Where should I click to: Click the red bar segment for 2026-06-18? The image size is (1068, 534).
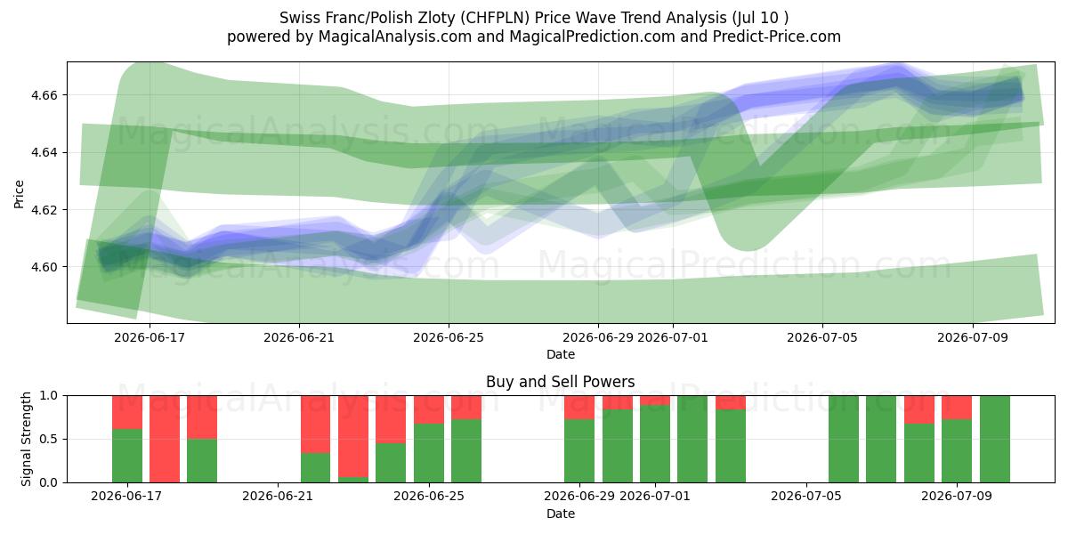click(x=165, y=439)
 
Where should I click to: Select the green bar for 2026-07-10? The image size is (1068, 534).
click(x=995, y=439)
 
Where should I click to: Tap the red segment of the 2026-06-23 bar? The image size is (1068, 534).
click(x=353, y=436)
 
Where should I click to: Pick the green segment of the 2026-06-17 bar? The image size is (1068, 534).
click(x=127, y=456)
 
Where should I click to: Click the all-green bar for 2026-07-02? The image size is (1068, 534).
click(x=692, y=439)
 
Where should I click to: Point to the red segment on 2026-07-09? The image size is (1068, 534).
click(x=957, y=408)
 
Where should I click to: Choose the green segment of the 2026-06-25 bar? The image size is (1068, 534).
click(x=429, y=452)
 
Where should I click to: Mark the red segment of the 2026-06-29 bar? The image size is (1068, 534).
click(x=579, y=408)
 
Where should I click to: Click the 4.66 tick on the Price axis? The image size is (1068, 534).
click(x=44, y=95)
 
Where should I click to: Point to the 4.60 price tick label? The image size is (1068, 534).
click(x=44, y=267)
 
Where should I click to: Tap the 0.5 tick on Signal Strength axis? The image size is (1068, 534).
click(x=48, y=439)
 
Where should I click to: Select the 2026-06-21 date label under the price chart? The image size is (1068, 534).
click(x=299, y=337)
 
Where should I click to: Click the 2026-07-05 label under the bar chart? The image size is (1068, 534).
click(x=806, y=496)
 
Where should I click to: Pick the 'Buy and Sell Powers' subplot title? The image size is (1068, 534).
click(x=560, y=382)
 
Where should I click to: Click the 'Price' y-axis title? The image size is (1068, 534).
click(x=19, y=194)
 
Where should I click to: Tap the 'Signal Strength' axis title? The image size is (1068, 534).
click(x=26, y=439)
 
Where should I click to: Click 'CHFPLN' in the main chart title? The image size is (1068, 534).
click(x=496, y=18)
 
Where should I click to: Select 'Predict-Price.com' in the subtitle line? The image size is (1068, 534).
click(x=777, y=36)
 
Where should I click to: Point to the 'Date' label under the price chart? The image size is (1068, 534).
click(x=561, y=354)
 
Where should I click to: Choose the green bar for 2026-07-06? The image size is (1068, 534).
click(x=844, y=439)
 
